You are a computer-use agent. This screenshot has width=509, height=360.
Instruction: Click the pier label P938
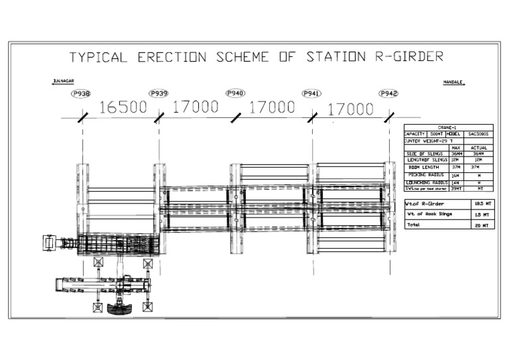tap(82, 94)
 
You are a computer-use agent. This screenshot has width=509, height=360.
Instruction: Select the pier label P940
tap(235, 93)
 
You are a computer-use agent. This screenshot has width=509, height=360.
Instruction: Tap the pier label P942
tap(388, 94)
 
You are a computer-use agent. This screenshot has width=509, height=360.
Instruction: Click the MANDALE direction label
tap(453, 83)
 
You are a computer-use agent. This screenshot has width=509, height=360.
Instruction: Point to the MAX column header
tap(456, 147)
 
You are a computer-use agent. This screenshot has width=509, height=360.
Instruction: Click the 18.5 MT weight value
tap(481, 204)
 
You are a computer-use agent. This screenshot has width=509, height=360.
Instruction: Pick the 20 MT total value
tap(481, 225)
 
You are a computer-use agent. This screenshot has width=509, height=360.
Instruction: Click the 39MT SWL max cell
tap(456, 189)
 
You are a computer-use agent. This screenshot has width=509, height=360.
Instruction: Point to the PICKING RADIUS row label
tap(426, 175)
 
